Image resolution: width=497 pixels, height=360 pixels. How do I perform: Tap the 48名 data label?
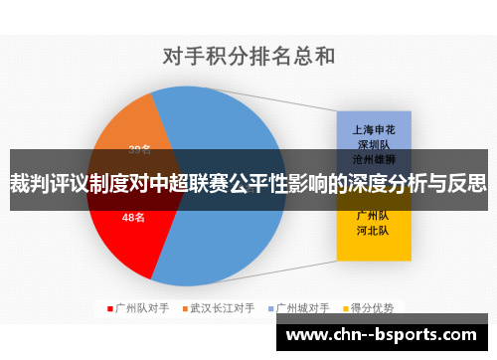click(x=133, y=217)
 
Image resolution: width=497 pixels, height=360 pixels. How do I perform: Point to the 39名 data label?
click(x=139, y=150)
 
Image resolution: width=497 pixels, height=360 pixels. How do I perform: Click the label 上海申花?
click(x=374, y=128)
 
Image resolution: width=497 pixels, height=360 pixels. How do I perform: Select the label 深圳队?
click(x=374, y=143)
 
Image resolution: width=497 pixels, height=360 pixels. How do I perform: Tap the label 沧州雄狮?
click(x=374, y=158)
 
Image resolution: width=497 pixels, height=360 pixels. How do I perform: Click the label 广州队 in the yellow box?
click(x=374, y=213)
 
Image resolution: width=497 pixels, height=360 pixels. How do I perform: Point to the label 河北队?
click(x=374, y=229)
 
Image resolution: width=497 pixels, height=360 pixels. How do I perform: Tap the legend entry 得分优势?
click(x=373, y=308)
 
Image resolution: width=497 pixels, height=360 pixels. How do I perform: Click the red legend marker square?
click(x=110, y=308)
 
